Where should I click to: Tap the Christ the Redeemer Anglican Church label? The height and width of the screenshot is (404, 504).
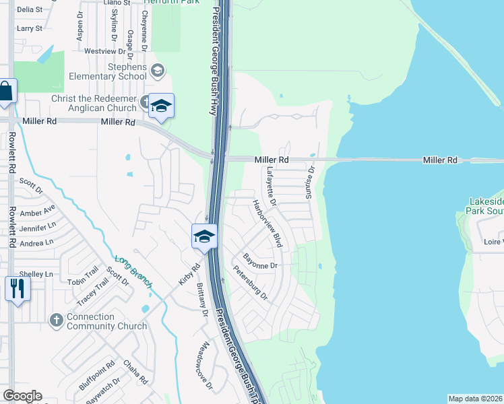point(94,103)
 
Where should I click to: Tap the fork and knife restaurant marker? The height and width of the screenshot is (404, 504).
point(17,290)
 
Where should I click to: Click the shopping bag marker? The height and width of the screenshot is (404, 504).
point(6,92)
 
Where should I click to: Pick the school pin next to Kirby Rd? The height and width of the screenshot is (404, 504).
point(204,237)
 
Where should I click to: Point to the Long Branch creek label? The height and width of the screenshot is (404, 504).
point(133,273)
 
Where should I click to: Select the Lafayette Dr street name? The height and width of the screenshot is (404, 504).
point(272,187)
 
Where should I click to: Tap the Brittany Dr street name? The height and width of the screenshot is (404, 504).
point(200,295)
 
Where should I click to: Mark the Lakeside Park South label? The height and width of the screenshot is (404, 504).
point(484,206)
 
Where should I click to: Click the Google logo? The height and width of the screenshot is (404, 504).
point(22,396)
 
